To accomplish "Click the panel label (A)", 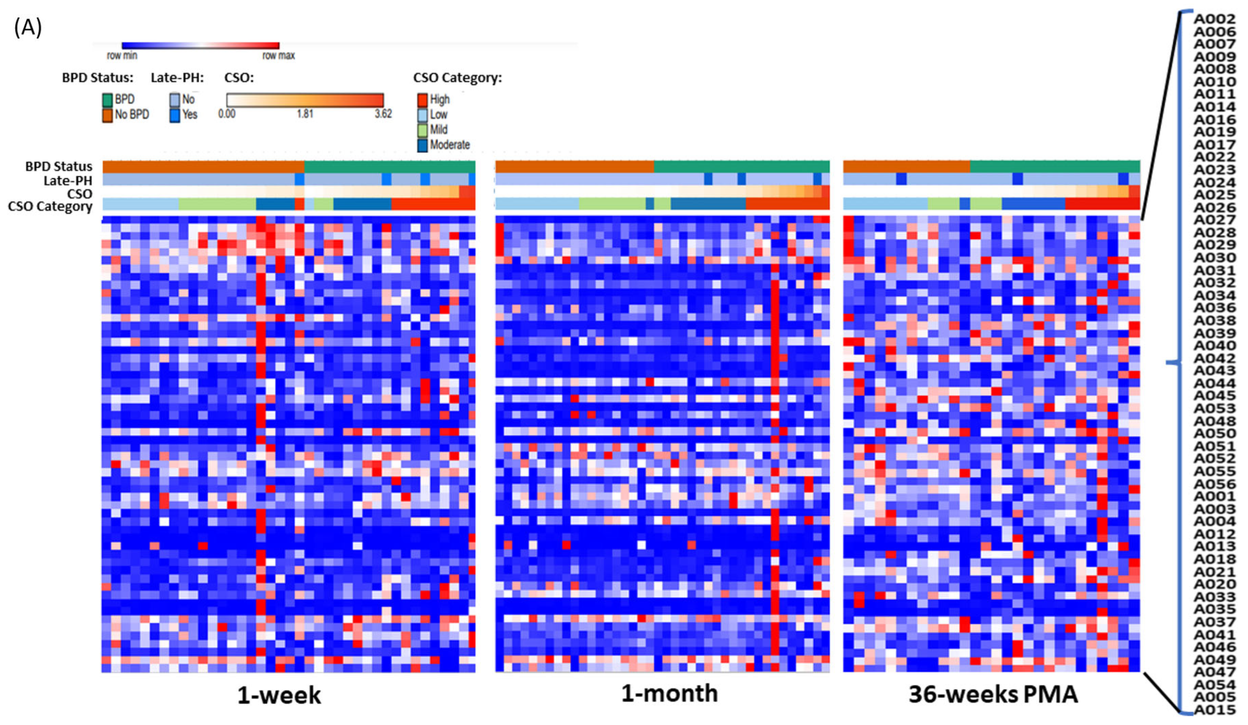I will pos(28,28).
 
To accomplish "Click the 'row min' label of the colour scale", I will pos(122,55).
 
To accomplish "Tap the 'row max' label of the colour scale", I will pos(278,55).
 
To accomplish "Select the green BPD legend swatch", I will pos(107,100).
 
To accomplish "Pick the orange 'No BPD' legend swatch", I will pos(107,115).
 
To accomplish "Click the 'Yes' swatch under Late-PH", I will pos(175,115).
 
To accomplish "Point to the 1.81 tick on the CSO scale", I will pos(305,114).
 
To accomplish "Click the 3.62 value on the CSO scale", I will pos(383,114).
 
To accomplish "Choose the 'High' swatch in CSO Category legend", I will pos(423,100).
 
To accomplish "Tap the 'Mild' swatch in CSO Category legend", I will pos(423,130).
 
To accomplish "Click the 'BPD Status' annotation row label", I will pos(58,166).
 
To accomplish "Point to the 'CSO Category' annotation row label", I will pos(50,206).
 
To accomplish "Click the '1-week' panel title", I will pos(279,695).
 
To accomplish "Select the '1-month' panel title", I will pos(670,693).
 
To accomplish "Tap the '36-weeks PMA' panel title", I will pos(993,694).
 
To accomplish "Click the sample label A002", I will pos(1214,19).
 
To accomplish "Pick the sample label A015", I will pos(1214,710).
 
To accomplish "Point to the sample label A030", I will pos(1214,258).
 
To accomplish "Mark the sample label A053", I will pos(1214,408).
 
